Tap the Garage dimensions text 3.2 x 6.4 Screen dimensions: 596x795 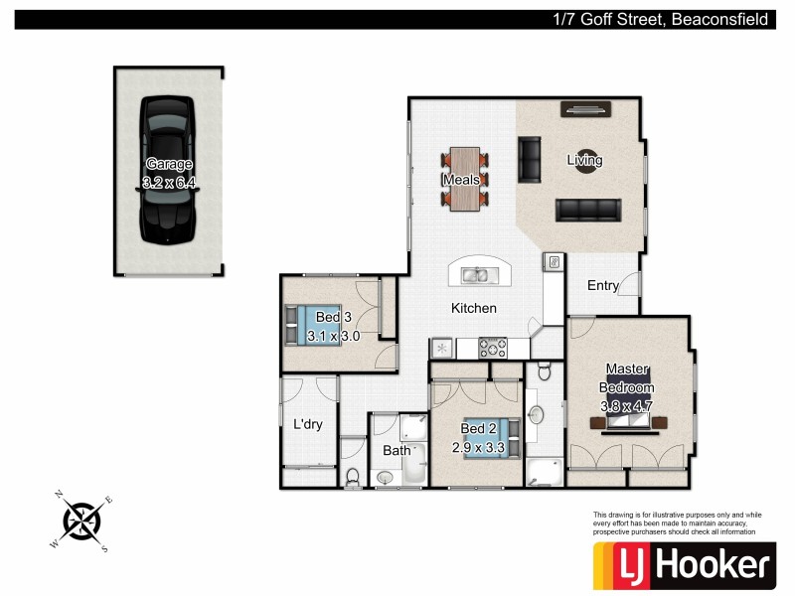pyautogui.click(x=168, y=183)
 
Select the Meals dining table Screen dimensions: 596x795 pyautogui.click(x=465, y=179)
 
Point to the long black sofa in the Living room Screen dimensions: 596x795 pyautogui.click(x=587, y=210)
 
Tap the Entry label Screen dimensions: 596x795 pyautogui.click(x=603, y=286)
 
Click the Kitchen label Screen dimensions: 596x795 pyautogui.click(x=473, y=309)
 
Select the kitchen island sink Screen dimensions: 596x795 pyautogui.click(x=475, y=275)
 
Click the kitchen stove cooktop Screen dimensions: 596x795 pyautogui.click(x=493, y=348)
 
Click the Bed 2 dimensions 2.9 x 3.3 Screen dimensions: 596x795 pyautogui.click(x=479, y=448)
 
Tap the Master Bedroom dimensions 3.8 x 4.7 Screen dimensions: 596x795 pyautogui.click(x=627, y=405)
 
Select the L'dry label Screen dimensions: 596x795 pyautogui.click(x=307, y=425)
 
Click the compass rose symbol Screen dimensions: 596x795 pyautogui.click(x=82, y=519)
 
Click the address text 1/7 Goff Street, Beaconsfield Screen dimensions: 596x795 pyautogui.click(x=661, y=19)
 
